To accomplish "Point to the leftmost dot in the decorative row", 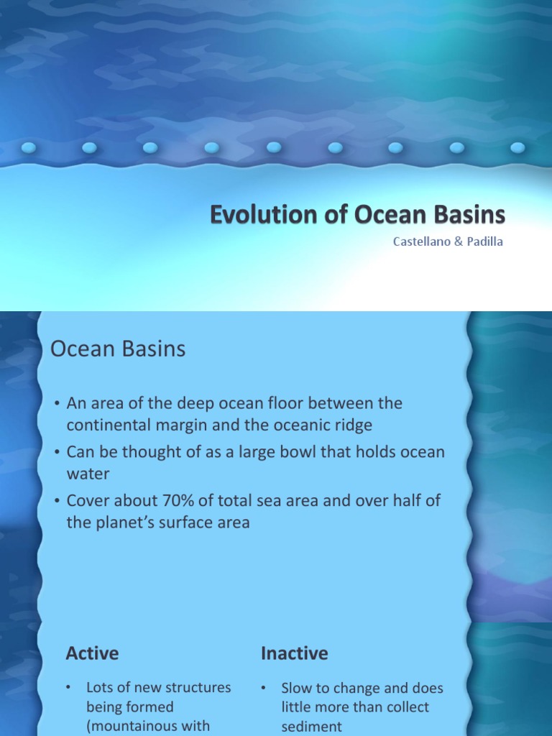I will (29, 148).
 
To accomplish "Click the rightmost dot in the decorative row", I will (517, 148).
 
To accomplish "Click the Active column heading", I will (92, 653).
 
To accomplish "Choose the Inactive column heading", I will (294, 653).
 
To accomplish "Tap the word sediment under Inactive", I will (312, 727).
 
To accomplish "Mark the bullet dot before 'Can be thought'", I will (56, 453).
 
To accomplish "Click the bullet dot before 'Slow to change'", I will (264, 689).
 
